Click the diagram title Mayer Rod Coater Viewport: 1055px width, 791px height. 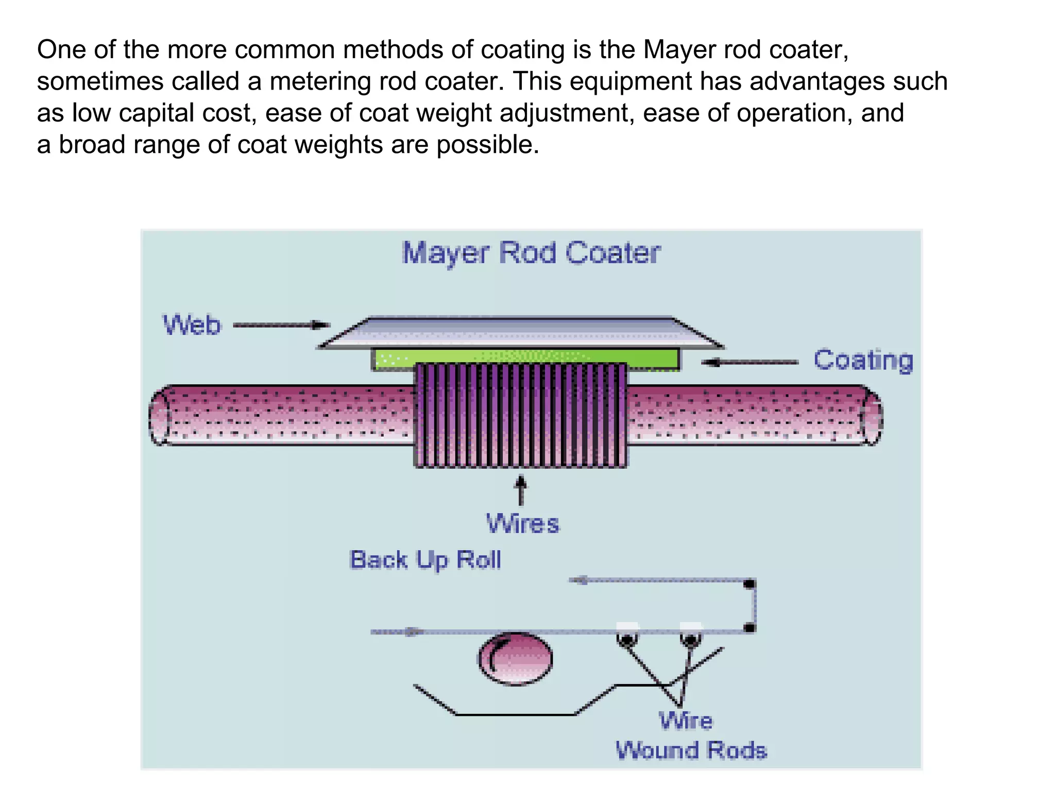point(531,253)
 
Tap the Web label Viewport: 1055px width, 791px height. point(192,325)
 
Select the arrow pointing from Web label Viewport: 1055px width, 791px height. point(281,325)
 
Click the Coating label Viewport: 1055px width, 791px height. point(863,360)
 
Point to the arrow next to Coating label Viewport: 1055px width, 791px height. point(750,363)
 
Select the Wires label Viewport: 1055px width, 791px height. point(523,524)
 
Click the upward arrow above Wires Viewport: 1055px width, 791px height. point(521,490)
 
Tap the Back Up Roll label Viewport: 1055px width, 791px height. point(426,560)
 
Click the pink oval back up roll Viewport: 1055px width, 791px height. point(516,659)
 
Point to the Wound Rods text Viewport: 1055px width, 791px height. point(691,750)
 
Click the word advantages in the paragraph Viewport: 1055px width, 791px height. point(817,81)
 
